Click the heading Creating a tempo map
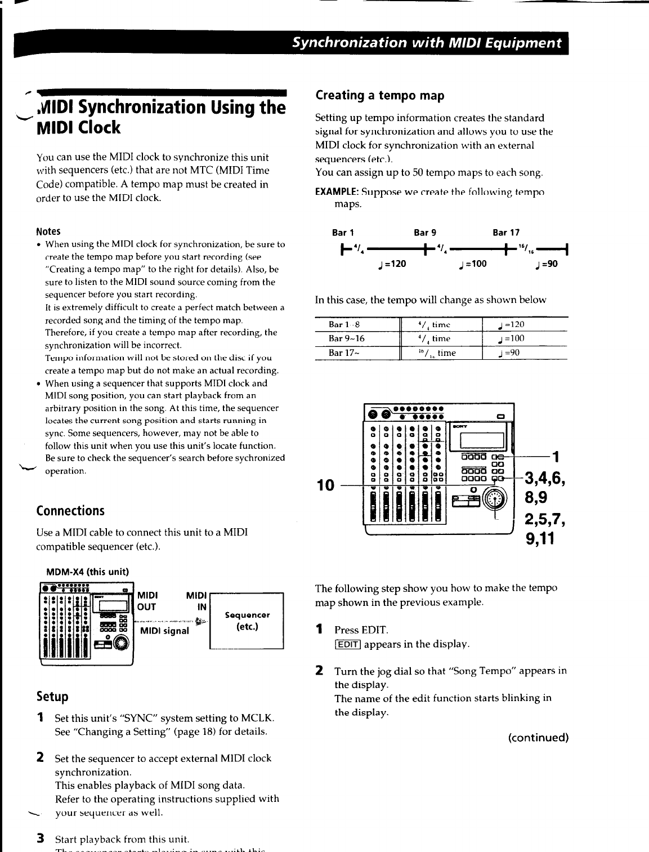pyautogui.click(x=380, y=96)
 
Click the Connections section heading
pyautogui.click(x=70, y=511)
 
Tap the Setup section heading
pyautogui.click(x=52, y=697)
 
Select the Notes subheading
pyautogui.click(x=48, y=231)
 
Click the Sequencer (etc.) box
pyautogui.click(x=247, y=621)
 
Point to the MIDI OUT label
pyautogui.click(x=147, y=601)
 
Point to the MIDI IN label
pyautogui.click(x=196, y=601)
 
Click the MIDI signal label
pyautogui.click(x=164, y=631)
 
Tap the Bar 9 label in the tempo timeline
pyautogui.click(x=425, y=233)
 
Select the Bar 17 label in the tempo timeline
pyautogui.click(x=506, y=233)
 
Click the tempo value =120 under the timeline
pyautogui.click(x=393, y=264)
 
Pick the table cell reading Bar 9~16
pyautogui.click(x=347, y=338)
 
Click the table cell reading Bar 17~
pyautogui.click(x=345, y=353)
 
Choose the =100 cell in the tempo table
pyautogui.click(x=511, y=338)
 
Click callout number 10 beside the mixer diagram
pyautogui.click(x=326, y=485)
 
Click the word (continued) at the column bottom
pyautogui.click(x=538, y=738)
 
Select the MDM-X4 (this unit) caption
pyautogui.click(x=87, y=572)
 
